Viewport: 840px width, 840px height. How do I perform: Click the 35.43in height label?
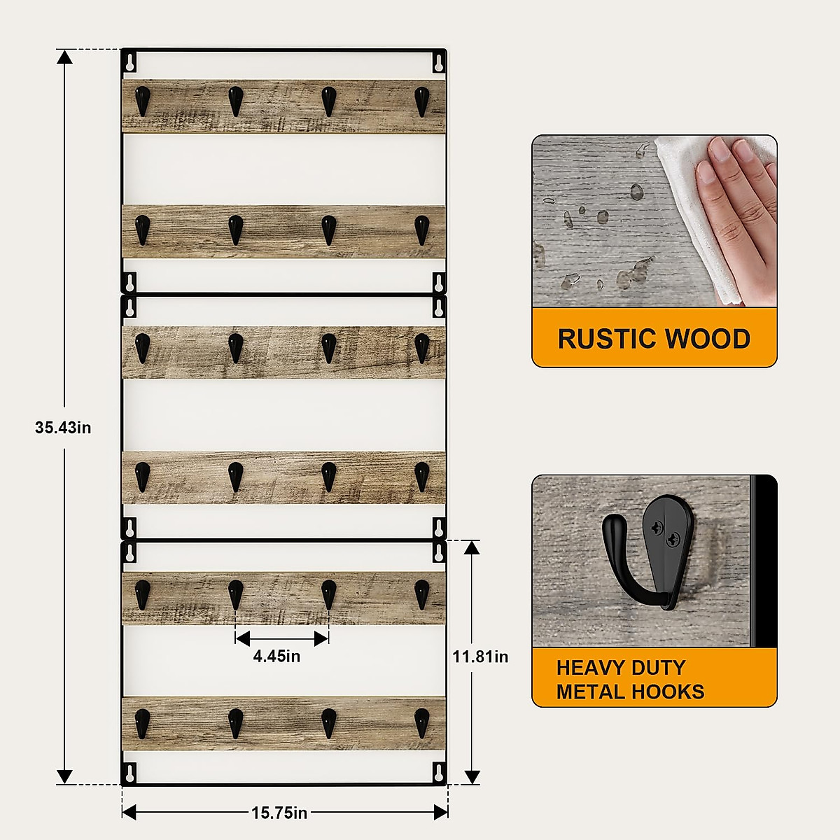(63, 427)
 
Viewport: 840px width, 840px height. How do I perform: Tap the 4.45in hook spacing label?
(276, 656)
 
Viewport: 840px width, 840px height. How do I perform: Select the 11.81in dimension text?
(480, 657)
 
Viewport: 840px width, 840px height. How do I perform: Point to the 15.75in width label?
(279, 813)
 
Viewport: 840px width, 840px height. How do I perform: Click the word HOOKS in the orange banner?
(668, 692)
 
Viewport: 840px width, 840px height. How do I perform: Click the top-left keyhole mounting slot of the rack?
(130, 62)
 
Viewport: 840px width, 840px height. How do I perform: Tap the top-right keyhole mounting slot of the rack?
(438, 62)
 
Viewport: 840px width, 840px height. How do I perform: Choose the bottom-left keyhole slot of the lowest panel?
(130, 773)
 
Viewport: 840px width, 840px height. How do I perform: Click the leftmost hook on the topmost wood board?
(143, 100)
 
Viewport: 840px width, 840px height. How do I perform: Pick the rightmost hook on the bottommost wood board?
(421, 722)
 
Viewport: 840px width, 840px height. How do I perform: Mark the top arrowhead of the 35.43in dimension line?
(64, 56)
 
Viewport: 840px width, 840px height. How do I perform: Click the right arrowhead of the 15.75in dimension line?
(441, 812)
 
